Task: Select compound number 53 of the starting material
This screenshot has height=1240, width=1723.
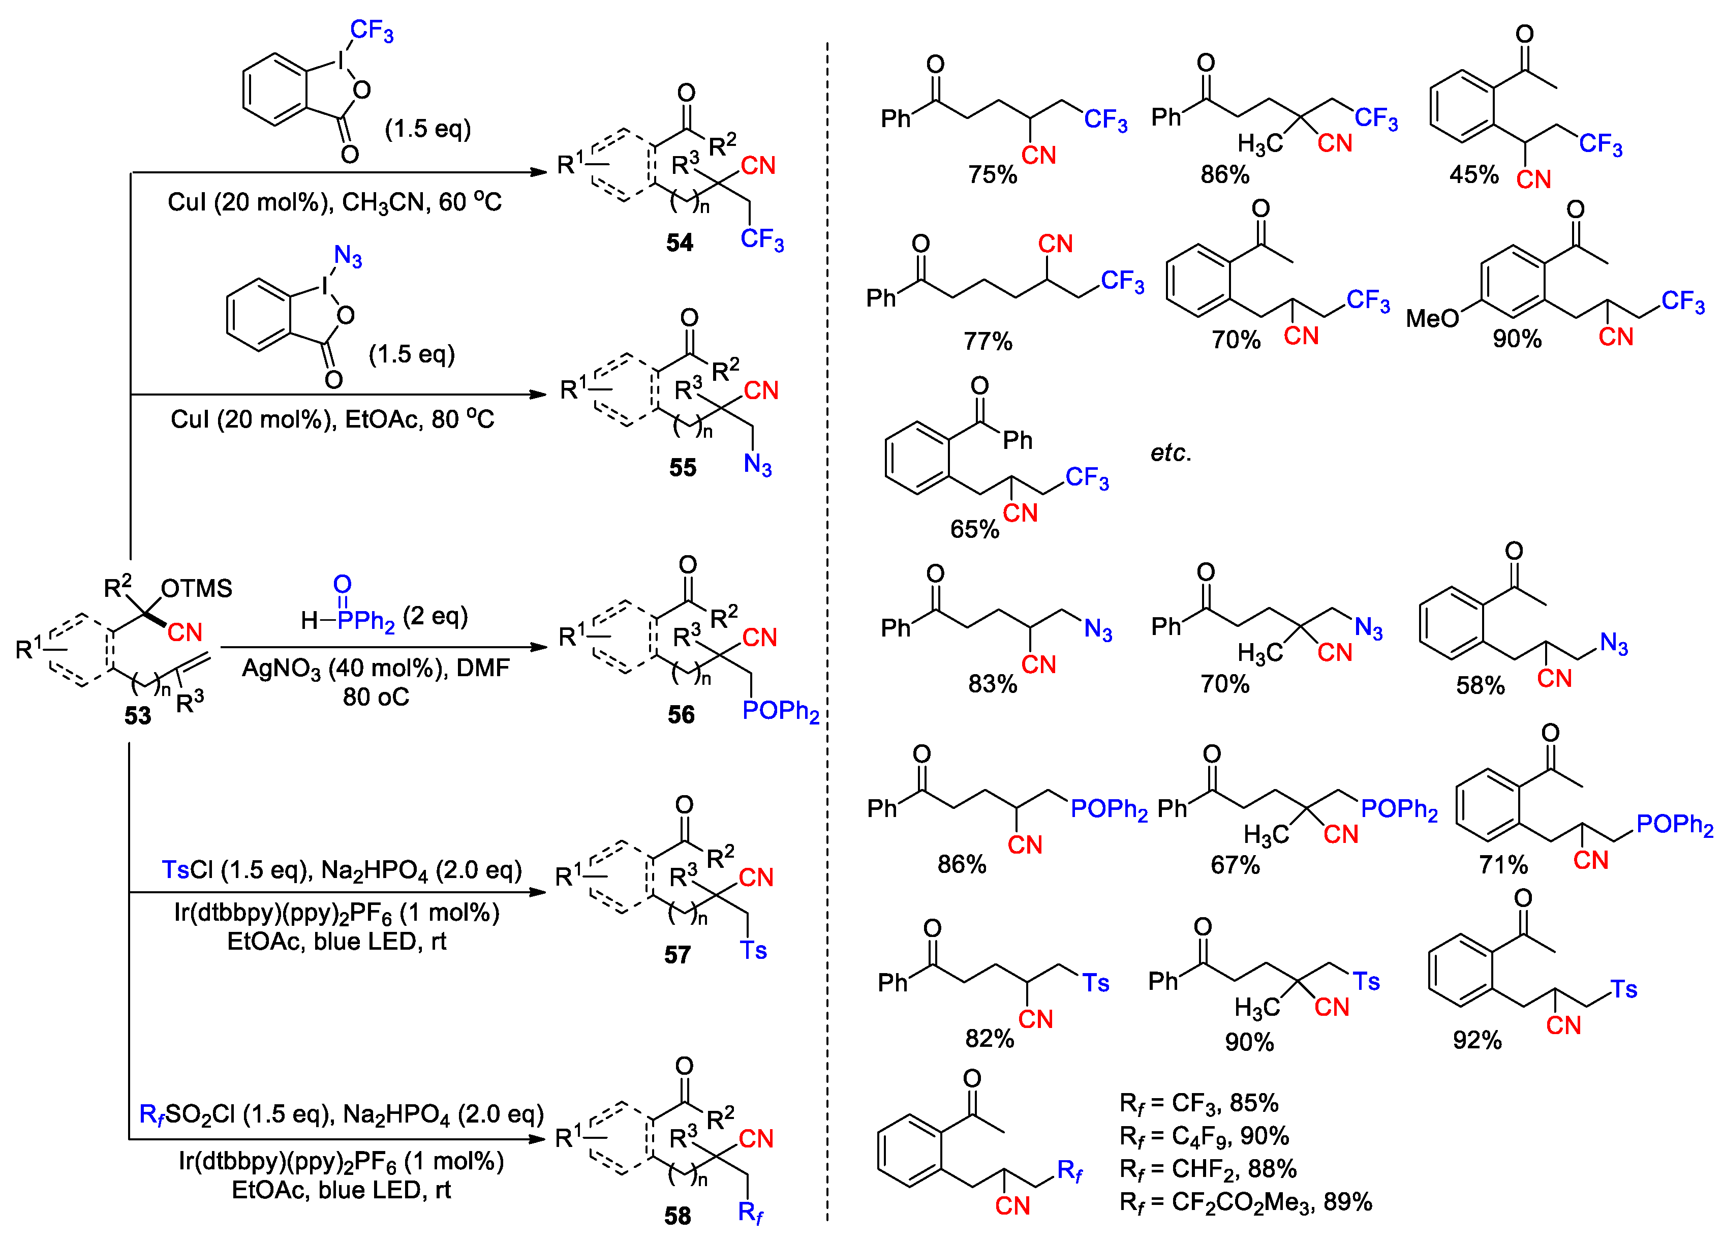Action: tap(138, 716)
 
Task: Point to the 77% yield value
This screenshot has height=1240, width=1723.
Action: tap(988, 341)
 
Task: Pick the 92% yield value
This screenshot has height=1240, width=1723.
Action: tap(1477, 1040)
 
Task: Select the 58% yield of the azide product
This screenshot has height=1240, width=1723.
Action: tap(1480, 685)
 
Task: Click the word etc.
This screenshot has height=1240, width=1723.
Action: tap(1171, 453)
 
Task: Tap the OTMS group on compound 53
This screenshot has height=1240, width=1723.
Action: tap(196, 588)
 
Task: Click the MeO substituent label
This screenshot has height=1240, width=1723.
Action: tap(1432, 318)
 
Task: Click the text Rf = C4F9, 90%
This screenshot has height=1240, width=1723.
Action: tap(1204, 1136)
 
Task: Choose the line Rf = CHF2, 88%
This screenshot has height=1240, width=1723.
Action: tap(1208, 1169)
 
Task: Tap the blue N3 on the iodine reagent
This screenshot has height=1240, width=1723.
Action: tap(348, 256)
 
